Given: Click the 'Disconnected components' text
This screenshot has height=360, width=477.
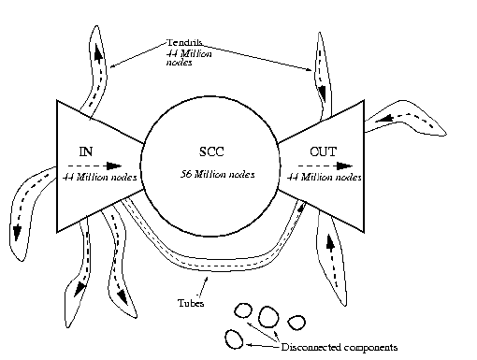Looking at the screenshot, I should (339, 347).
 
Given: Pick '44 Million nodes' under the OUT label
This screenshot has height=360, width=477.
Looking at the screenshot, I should (321, 176).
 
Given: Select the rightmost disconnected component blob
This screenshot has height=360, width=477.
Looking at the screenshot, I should (296, 323).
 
